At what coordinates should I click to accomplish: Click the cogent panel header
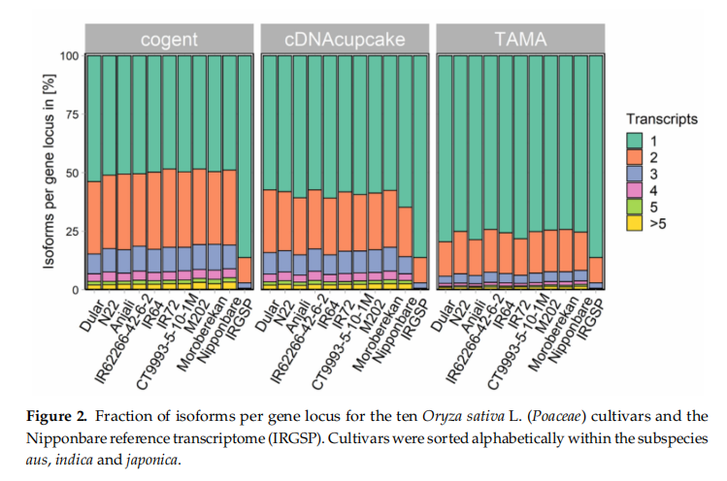pyautogui.click(x=170, y=40)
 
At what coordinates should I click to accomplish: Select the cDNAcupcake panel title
pyautogui.click(x=345, y=40)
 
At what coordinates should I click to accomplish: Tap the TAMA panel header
pyautogui.click(x=520, y=40)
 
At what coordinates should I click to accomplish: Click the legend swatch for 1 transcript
pyautogui.click(x=636, y=141)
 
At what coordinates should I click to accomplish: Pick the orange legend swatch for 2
pyautogui.click(x=636, y=158)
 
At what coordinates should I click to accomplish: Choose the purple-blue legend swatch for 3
pyautogui.click(x=636, y=175)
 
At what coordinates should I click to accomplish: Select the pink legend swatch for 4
pyautogui.click(x=636, y=191)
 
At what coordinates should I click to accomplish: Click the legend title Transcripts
pyautogui.click(x=662, y=119)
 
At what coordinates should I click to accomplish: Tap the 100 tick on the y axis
pyautogui.click(x=68, y=55)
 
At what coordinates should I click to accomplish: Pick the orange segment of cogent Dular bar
pyautogui.click(x=94, y=217)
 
